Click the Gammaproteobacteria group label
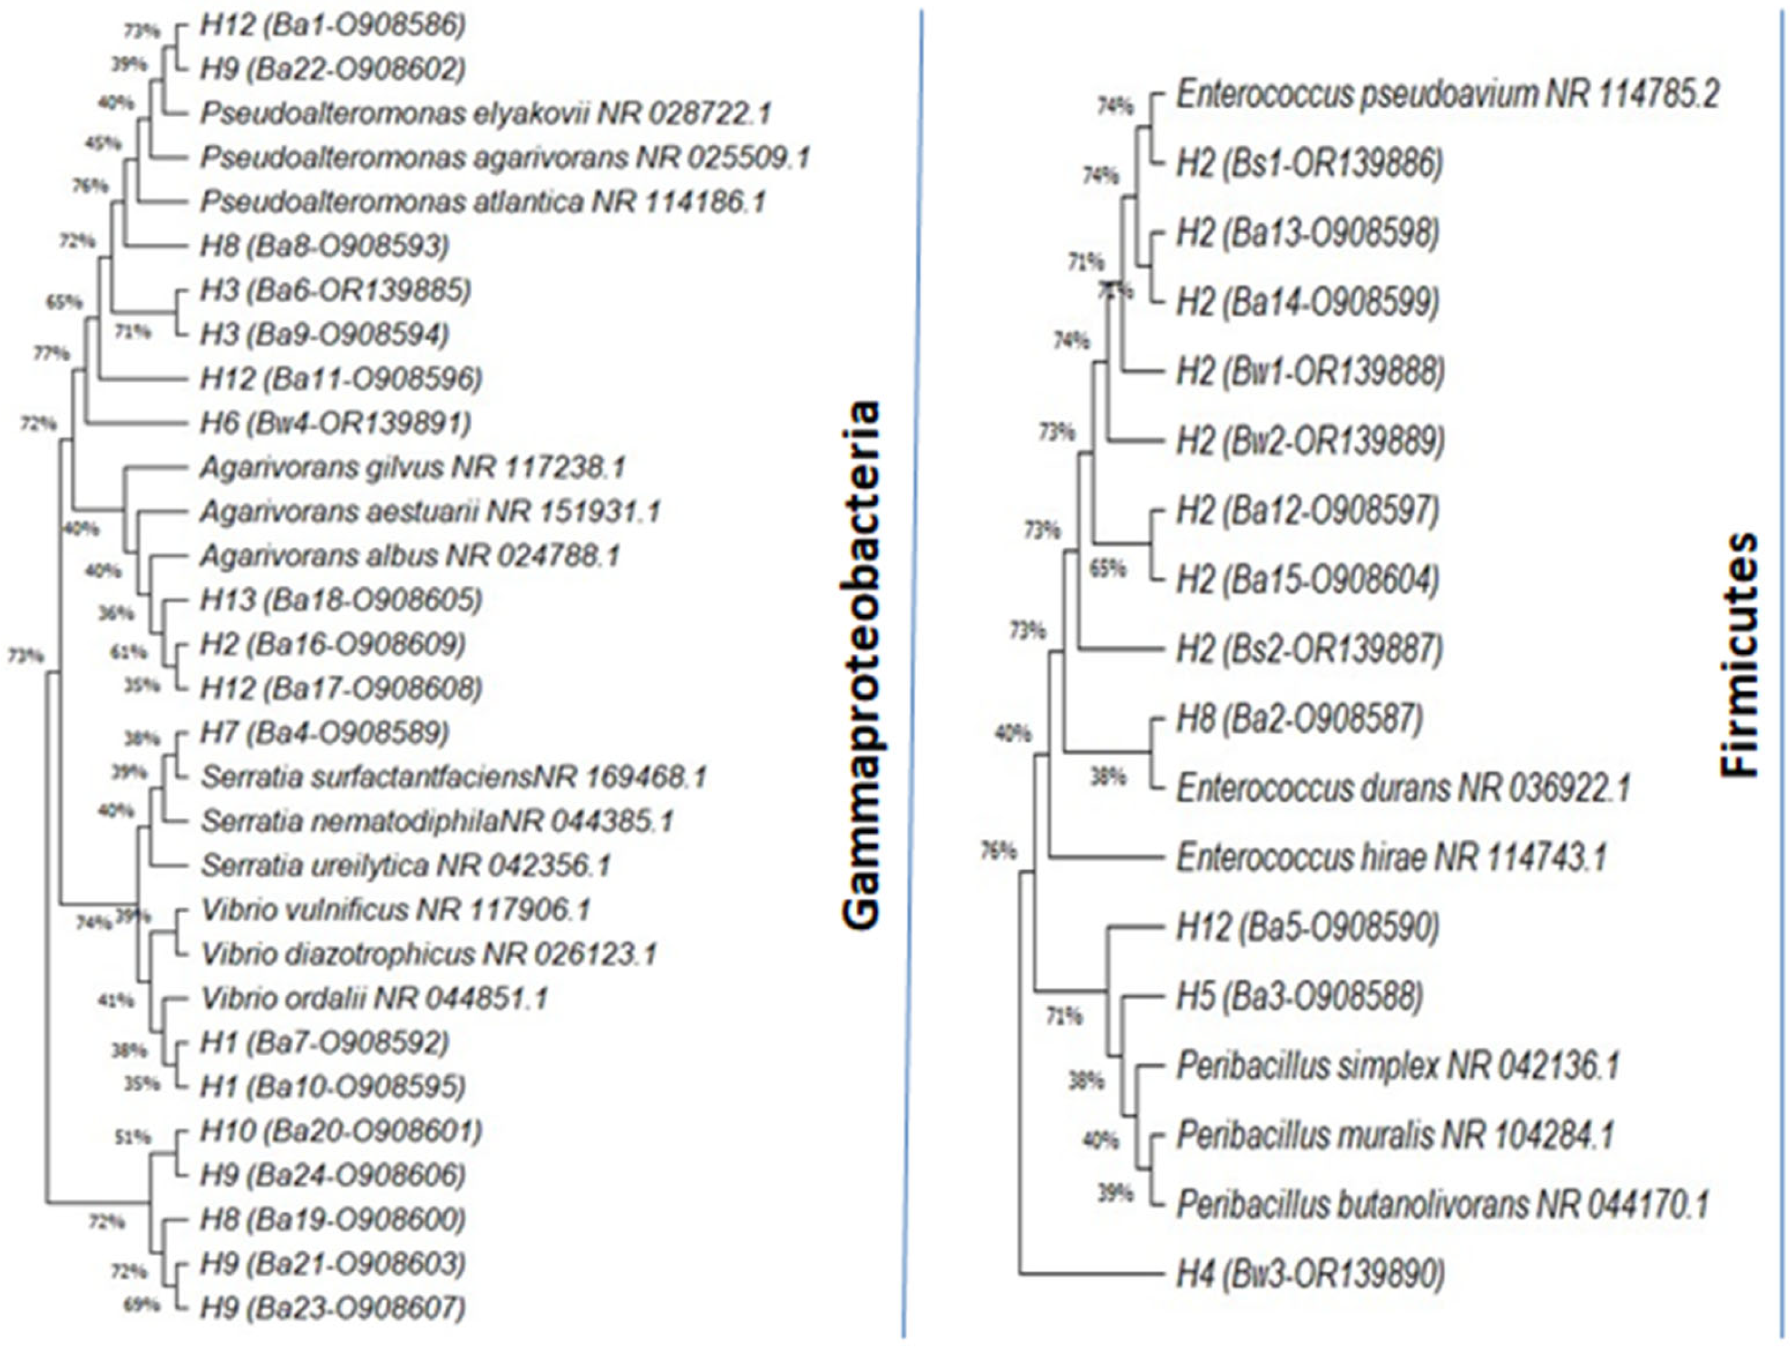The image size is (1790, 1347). (x=859, y=664)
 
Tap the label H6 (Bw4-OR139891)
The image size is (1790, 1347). (x=335, y=423)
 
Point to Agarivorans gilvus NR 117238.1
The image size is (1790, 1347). (x=413, y=467)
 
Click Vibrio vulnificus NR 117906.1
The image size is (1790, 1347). (x=396, y=911)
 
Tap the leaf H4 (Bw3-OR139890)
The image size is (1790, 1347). (x=1310, y=1275)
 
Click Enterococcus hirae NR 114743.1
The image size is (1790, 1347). (x=1391, y=857)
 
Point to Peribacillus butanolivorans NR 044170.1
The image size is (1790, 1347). (x=1442, y=1205)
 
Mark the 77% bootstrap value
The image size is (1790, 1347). (x=50, y=353)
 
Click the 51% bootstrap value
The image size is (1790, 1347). (x=133, y=1137)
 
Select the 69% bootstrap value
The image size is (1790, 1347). (x=141, y=1305)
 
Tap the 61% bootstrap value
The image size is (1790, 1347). (x=129, y=652)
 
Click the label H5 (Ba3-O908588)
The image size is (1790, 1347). (x=1299, y=997)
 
